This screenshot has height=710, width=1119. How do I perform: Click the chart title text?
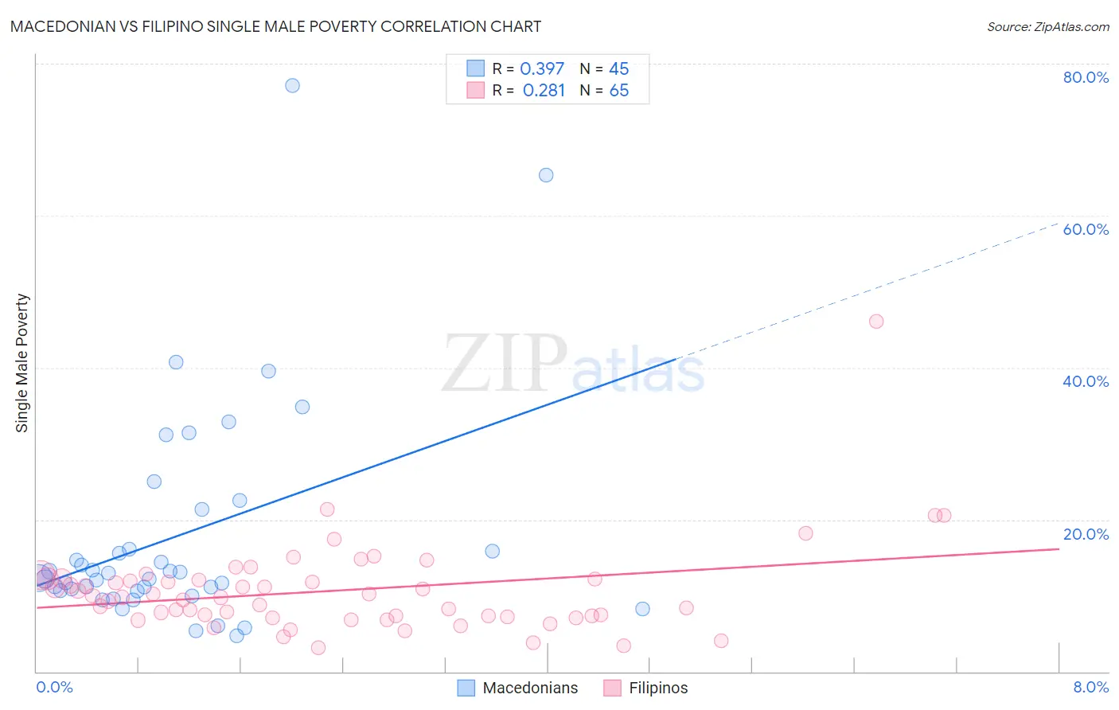point(275,26)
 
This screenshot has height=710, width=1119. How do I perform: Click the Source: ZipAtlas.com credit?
point(1047,26)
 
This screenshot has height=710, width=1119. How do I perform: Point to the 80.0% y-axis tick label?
point(1086,77)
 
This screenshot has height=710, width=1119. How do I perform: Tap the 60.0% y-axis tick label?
point(1086,229)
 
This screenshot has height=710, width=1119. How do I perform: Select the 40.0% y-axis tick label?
point(1086,381)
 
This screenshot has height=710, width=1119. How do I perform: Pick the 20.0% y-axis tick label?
point(1086,534)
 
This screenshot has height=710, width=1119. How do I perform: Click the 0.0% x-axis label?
point(54,687)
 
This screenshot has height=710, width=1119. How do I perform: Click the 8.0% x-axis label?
point(1090,687)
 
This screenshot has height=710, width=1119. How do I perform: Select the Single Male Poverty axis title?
point(22,363)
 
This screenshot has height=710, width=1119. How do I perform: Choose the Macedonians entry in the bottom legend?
point(530,688)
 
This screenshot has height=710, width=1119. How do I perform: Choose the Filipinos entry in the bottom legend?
point(657,688)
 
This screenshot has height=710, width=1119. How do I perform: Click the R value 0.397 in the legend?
point(542,69)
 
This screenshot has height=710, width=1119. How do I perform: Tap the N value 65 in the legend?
point(619,91)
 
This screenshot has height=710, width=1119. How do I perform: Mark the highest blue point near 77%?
point(292,85)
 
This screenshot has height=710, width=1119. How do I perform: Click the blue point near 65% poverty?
point(546,175)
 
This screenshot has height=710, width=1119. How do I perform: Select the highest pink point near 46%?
point(876,322)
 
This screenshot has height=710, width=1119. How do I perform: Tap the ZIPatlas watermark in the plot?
point(573,365)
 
